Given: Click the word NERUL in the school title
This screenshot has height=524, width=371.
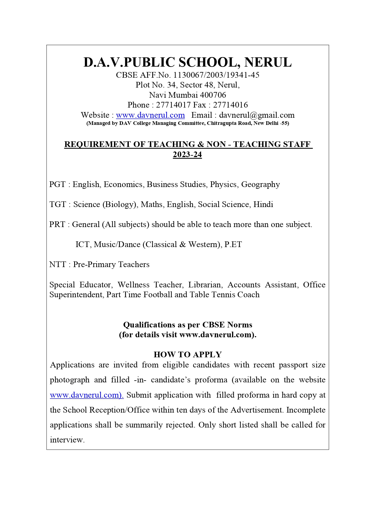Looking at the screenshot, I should (x=268, y=62).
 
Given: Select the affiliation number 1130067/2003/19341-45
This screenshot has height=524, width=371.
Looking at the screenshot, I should (x=216, y=75).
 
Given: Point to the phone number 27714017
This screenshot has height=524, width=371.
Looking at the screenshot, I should (x=173, y=105).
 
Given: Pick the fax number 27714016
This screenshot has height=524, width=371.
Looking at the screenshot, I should (x=230, y=105).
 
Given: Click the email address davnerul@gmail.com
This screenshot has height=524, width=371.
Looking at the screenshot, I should (x=257, y=115).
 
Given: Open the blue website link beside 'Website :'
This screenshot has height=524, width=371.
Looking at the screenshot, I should (x=150, y=115).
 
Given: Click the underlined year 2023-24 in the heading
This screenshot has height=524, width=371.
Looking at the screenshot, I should (x=187, y=154).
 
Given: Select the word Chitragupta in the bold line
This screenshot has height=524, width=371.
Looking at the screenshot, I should (x=220, y=123).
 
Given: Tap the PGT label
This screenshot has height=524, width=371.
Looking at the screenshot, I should (x=57, y=184).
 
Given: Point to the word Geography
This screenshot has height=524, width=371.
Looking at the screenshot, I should (x=260, y=184).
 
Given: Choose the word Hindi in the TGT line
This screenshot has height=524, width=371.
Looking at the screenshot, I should (x=263, y=204).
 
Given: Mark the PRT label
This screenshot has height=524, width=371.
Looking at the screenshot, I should (x=57, y=224).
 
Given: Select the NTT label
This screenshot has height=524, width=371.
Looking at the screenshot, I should (x=57, y=264).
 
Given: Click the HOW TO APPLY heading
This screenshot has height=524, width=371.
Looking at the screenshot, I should (x=187, y=355).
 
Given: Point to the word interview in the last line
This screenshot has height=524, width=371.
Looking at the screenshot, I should (x=67, y=440).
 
